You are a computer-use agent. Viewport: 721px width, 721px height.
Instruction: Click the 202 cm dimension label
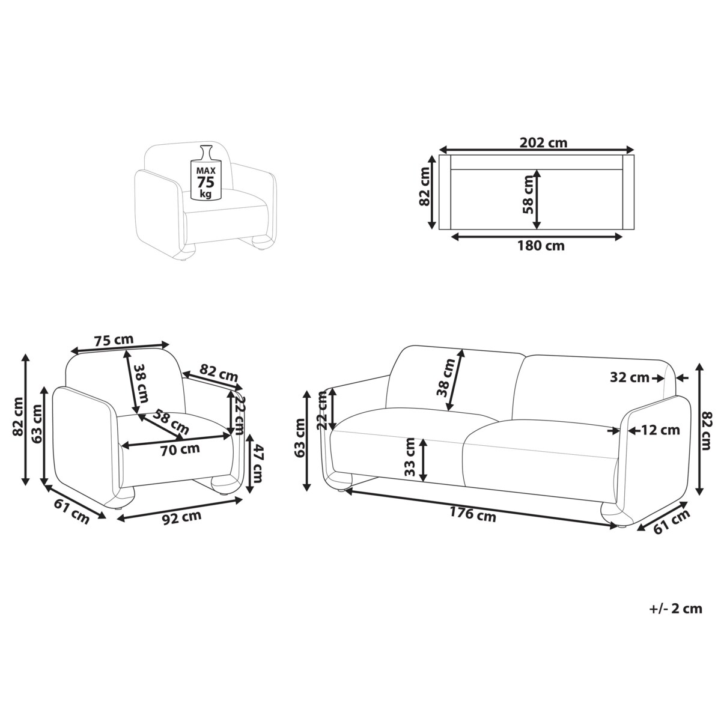[543, 142]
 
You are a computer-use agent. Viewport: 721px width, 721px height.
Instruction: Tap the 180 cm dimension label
[541, 246]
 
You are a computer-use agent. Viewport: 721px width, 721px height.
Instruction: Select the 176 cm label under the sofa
[473, 514]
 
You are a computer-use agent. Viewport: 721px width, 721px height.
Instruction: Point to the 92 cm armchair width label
[182, 517]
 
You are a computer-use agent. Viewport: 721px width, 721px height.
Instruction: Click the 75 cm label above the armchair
[114, 341]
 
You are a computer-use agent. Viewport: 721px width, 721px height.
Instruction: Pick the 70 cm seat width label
[180, 449]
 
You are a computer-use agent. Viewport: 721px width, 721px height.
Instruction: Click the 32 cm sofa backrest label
[630, 378]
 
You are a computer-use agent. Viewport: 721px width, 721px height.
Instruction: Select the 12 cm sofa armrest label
[660, 431]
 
